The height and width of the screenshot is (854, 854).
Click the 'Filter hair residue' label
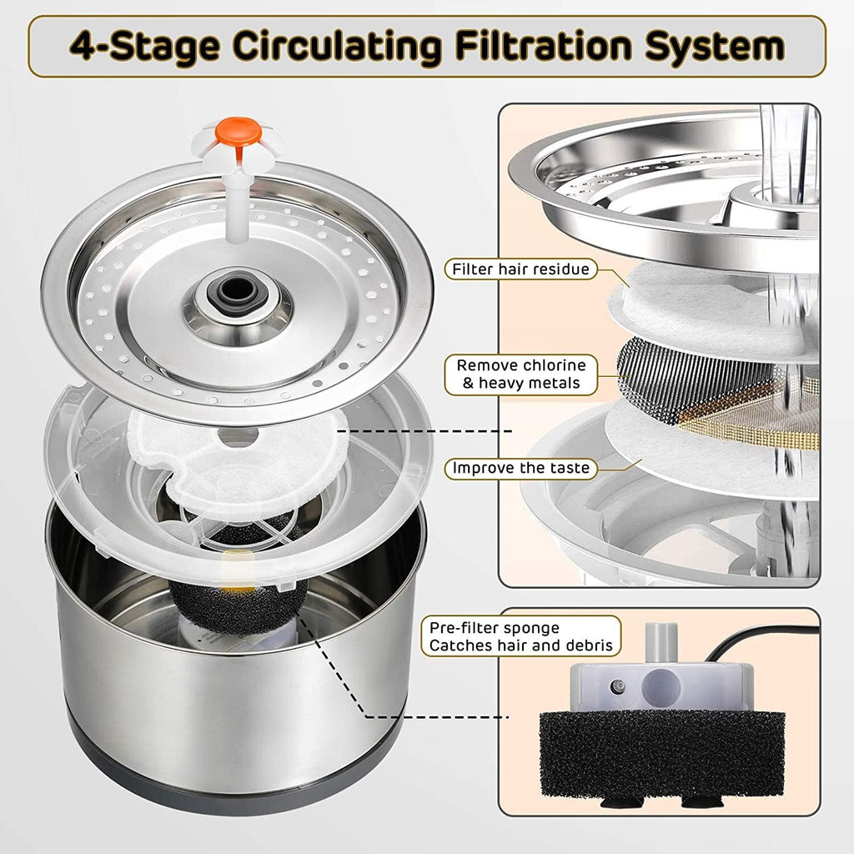pyautogui.click(x=521, y=269)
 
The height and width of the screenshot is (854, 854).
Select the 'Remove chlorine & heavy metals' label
pyautogui.click(x=521, y=375)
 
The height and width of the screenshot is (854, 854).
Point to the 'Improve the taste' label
pyautogui.click(x=521, y=468)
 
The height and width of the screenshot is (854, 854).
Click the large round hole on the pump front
pyautogui.click(x=661, y=688)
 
